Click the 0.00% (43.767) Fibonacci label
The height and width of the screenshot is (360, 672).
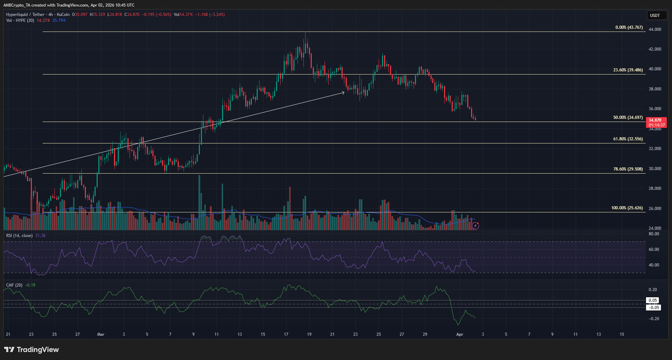tap(629, 27)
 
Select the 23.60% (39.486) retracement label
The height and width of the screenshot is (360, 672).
tap(628, 70)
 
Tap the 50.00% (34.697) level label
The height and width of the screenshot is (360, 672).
tap(628, 117)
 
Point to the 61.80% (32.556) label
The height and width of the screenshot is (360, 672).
tap(628, 139)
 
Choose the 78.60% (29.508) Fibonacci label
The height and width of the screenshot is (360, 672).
tap(628, 169)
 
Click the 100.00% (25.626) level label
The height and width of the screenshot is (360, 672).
tap(627, 208)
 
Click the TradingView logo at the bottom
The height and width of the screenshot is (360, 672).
tap(32, 350)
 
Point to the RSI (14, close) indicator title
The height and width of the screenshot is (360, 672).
tap(19, 236)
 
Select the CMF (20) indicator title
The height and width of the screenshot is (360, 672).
tap(14, 285)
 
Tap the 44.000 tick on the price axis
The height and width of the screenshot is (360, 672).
tap(655, 29)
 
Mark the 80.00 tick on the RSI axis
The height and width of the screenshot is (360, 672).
tap(654, 234)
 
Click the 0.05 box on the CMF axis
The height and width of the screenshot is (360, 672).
tap(653, 300)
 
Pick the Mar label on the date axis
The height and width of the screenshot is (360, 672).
tap(101, 334)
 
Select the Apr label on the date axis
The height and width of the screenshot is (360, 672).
tap(460, 334)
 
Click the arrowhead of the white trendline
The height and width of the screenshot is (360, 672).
tap(343, 92)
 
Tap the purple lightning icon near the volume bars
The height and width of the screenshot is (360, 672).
tap(476, 226)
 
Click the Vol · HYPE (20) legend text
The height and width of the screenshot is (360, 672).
tap(20, 20)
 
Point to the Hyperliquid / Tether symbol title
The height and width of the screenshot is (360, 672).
tap(25, 15)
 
